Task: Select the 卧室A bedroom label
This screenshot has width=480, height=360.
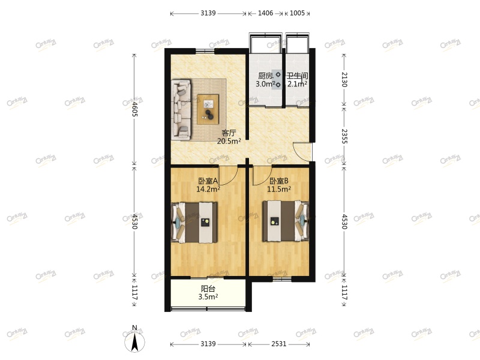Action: click(208, 181)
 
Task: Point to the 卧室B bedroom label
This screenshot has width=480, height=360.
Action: click(279, 181)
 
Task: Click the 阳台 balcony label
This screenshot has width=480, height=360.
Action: click(208, 289)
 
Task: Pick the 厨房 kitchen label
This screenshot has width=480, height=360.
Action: click(265, 76)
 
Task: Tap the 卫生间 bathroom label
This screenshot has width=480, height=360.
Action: click(297, 76)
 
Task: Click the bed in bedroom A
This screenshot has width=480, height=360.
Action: click(195, 222)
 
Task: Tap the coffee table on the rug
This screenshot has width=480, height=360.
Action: click(209, 109)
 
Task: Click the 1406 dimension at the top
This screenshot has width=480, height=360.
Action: click(265, 13)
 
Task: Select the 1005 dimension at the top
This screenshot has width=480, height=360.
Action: click(297, 13)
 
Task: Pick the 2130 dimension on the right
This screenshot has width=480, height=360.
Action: click(344, 80)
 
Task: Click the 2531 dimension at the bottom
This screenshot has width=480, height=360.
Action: click(278, 344)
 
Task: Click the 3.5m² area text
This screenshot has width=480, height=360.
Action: click(208, 296)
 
